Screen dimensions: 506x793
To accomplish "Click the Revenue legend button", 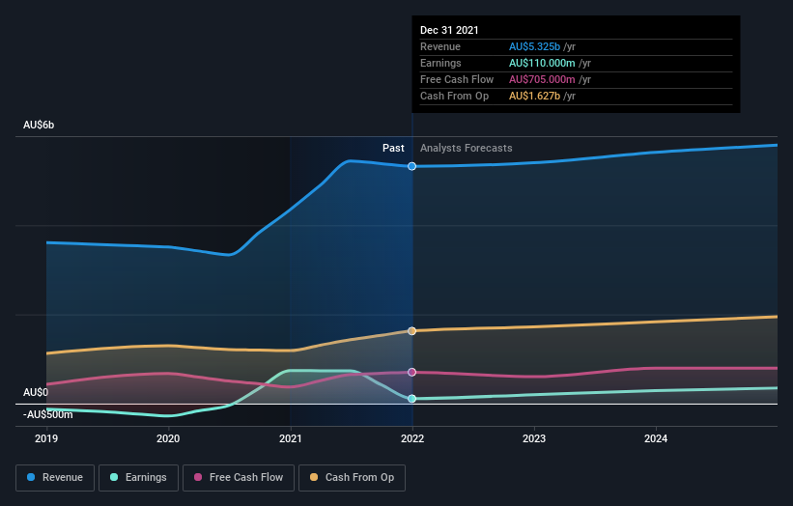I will pos(56,477).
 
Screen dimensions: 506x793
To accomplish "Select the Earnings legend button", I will pos(139,477).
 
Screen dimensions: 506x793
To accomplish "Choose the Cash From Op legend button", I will pos(352,477).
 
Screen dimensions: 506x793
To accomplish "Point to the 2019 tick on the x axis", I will pos(46,439).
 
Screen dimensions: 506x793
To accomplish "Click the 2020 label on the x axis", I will pos(168,439).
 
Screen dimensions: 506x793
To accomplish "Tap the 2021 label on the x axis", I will pos(291,439).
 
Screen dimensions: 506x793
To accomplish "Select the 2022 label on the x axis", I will pos(412,439).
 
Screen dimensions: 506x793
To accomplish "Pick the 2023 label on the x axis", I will pos(534,439).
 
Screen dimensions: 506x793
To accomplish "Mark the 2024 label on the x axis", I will pos(656,439).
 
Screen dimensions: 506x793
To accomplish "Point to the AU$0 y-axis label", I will pos(36,392).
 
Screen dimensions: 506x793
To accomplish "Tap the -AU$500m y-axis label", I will pos(48,414).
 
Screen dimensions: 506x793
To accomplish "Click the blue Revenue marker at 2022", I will pos(412,166).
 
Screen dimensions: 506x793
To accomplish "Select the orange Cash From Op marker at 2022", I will pos(412,331).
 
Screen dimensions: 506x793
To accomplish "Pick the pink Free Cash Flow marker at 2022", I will pos(412,372).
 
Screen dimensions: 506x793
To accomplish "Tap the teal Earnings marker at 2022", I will pos(412,398).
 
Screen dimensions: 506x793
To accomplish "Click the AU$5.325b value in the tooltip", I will pos(542,46).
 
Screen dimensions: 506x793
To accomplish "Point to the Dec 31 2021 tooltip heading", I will pos(449,30).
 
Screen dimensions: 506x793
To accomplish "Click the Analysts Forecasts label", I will pos(466,148).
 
